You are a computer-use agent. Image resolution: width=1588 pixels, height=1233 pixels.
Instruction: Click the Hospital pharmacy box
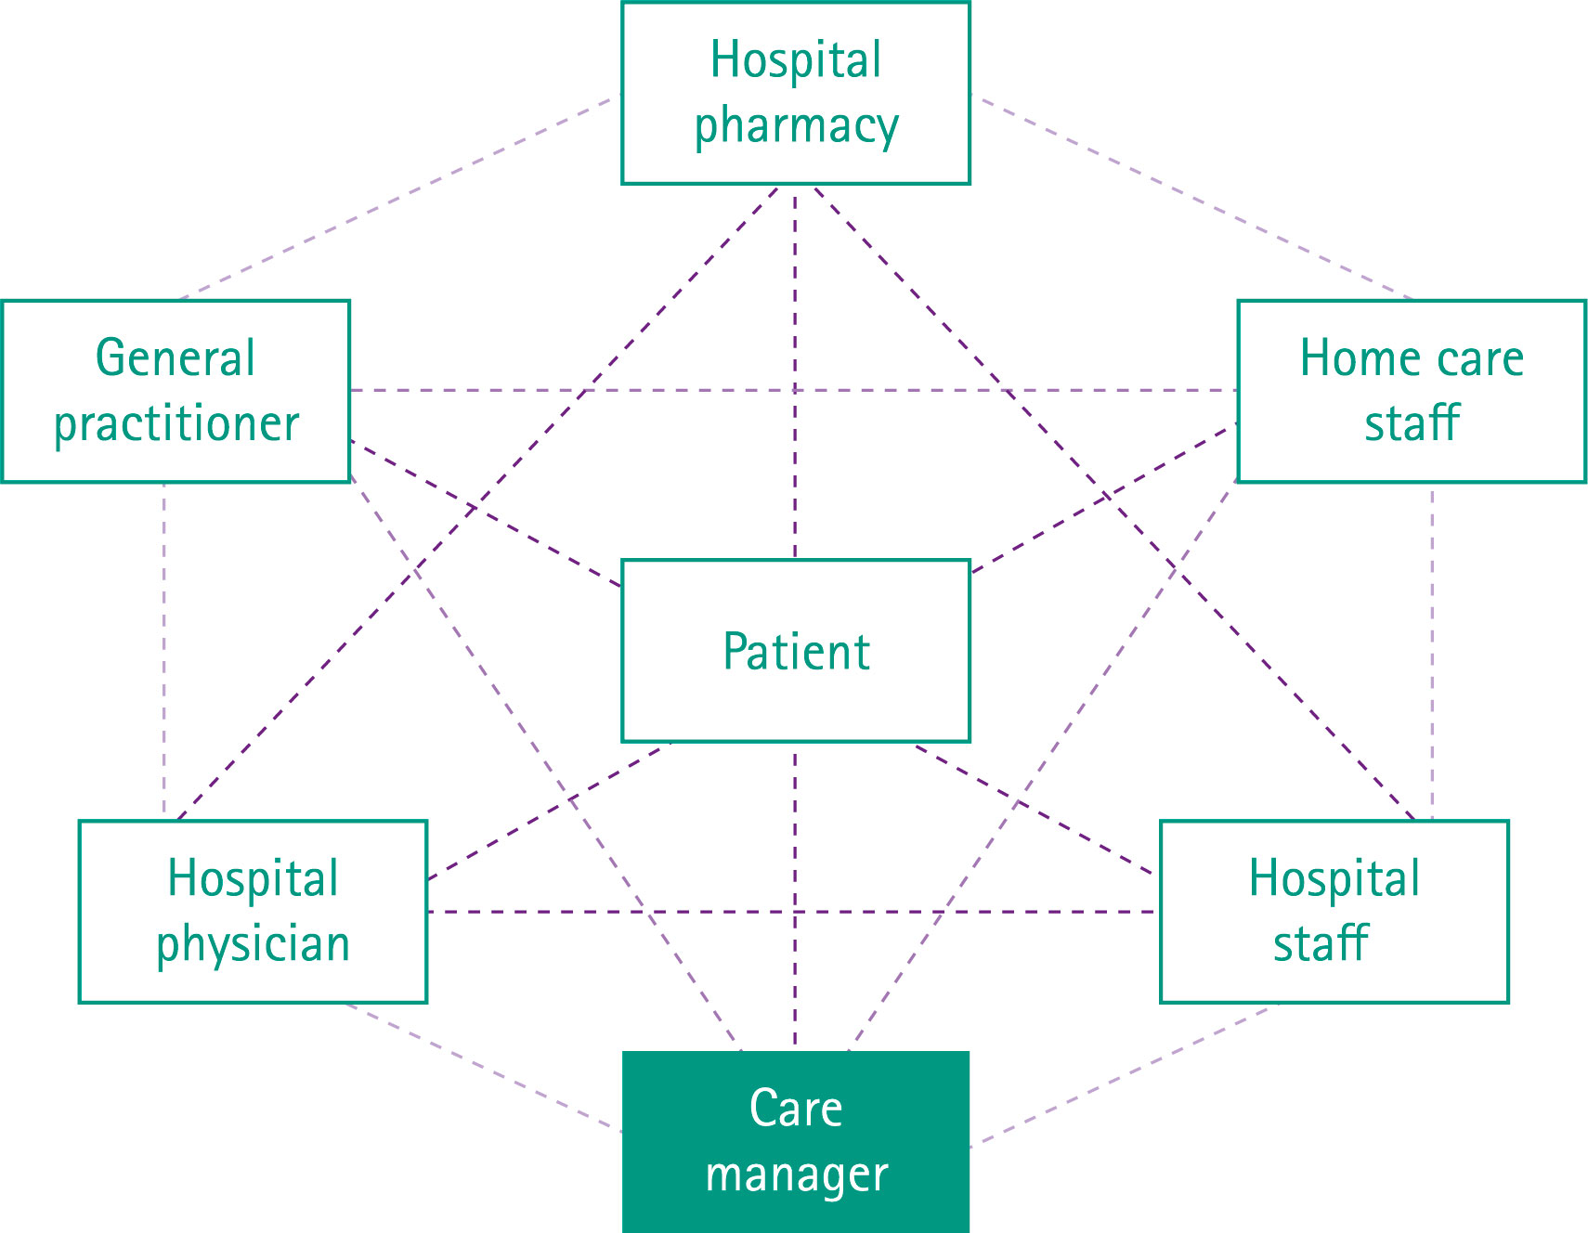795,93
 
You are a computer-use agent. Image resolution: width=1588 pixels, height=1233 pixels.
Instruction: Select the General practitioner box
176,391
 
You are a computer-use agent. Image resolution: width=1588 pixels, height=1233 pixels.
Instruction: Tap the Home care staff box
1411,391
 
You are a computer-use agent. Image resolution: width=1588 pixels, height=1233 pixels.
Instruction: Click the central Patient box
795,651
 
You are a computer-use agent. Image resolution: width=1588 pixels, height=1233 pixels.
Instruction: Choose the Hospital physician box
253,912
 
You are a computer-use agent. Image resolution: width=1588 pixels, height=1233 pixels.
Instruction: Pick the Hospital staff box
1334,912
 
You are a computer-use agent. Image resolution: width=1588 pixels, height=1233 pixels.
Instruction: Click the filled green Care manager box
795,1142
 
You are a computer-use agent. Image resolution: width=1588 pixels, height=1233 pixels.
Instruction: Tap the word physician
253,945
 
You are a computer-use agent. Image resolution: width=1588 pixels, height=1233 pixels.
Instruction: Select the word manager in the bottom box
797,1175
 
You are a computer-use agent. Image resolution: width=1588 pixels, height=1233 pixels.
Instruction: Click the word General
176,358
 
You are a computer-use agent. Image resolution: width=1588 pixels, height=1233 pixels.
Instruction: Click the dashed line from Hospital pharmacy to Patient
795,371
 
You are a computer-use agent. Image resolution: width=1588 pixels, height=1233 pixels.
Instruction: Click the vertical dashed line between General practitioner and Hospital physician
164,650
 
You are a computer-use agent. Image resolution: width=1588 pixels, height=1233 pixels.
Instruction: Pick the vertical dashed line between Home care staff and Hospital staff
1432,650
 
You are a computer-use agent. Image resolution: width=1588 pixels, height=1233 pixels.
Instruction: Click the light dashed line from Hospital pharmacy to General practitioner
399,197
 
